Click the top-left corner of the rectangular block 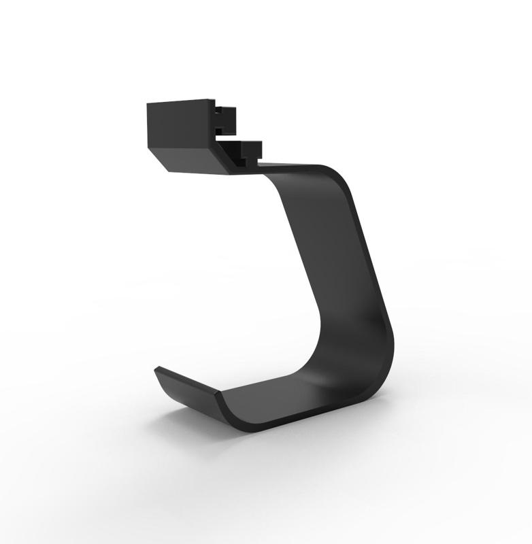[x=148, y=103]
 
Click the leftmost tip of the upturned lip [x=156, y=370]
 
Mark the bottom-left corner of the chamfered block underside [x=169, y=169]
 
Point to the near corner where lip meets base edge [x=218, y=394]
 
